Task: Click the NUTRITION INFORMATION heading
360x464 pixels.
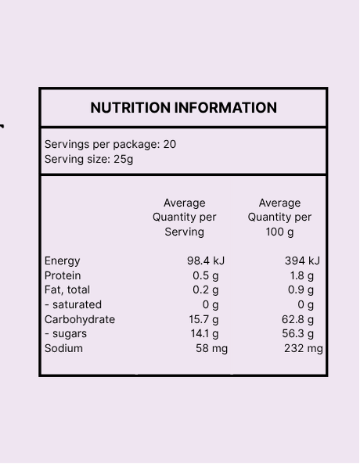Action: [184, 107]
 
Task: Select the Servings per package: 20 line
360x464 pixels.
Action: [110, 145]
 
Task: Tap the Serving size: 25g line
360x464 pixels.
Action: [88, 159]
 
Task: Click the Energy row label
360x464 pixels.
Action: [62, 261]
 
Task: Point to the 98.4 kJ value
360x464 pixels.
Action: [206, 261]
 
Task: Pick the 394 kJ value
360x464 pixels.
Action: [302, 261]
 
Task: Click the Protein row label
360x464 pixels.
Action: [63, 275]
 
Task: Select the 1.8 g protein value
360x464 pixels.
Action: [301, 275]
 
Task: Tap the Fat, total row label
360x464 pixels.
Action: [67, 290]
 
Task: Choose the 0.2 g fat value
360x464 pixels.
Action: [206, 290]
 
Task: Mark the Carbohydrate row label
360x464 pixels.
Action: [80, 319]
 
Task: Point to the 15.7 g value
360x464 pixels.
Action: [203, 319]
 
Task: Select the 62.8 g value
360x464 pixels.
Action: [298, 319]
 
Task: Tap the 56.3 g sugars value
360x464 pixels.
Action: [298, 334]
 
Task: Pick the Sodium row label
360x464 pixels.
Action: [63, 348]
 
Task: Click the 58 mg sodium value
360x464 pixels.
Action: [211, 349]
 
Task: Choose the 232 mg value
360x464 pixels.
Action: [304, 349]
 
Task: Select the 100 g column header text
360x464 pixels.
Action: [279, 232]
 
